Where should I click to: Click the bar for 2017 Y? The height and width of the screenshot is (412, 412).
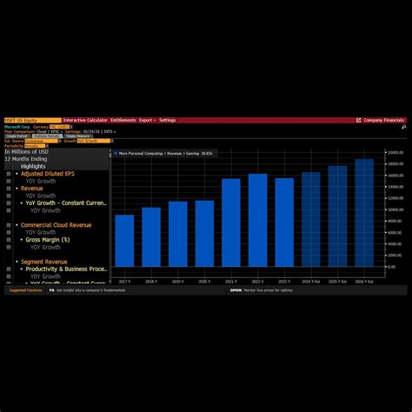pos(124,241)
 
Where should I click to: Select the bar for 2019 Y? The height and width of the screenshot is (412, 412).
pos(177,234)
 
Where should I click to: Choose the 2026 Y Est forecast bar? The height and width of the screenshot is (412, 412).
pos(364,213)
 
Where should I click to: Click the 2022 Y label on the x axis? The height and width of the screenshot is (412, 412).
pos(257,282)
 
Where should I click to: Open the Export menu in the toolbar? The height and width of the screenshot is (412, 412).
pos(145,120)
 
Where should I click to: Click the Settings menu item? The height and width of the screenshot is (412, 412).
pos(167,120)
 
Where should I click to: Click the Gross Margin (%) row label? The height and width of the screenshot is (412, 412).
pos(54,239)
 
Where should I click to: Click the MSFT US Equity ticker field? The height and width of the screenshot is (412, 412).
pos(23,120)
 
